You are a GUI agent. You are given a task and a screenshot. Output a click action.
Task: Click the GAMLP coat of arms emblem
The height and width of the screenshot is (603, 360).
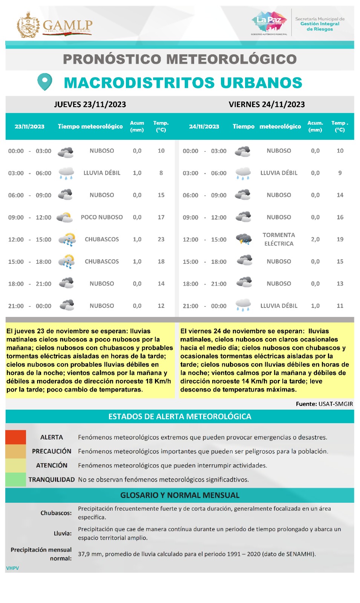tap(28, 25)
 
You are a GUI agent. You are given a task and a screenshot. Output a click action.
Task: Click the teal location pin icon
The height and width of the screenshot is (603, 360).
tap(45, 81)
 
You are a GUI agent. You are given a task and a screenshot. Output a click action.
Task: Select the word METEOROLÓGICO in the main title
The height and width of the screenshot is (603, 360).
tap(231, 59)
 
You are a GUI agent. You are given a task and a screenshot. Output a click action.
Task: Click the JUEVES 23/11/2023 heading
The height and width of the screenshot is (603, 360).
tap(90, 104)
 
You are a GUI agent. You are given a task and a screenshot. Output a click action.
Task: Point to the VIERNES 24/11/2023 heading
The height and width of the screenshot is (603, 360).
tap(267, 104)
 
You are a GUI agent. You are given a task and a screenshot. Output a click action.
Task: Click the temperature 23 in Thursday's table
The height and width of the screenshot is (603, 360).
tap(161, 239)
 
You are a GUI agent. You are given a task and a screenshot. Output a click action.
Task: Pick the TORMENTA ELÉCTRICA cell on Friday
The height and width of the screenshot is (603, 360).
tap(279, 239)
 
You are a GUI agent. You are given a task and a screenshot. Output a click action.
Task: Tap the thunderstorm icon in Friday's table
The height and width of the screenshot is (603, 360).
tap(244, 239)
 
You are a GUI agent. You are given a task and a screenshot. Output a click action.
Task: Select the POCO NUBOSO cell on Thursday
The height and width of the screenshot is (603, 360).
tap(102, 217)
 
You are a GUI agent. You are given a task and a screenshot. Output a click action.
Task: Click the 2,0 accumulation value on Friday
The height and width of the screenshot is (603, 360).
tap(315, 239)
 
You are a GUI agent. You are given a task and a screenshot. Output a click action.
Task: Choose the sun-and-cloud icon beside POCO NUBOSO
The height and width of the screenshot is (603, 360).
tap(65, 217)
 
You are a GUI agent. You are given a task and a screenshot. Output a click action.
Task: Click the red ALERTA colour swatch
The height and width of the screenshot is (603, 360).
tap(16, 437)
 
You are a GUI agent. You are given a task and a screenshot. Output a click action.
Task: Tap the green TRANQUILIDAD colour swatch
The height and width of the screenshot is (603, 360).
tap(16, 479)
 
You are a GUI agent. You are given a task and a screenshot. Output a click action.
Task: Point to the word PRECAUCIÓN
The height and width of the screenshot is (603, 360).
tap(52, 451)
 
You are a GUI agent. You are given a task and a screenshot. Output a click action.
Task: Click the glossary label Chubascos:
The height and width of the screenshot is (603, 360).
tap(56, 513)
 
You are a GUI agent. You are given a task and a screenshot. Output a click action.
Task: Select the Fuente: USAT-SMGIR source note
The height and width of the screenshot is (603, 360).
tap(324, 404)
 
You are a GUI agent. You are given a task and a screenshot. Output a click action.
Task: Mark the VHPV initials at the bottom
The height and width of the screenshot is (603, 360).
tap(12, 568)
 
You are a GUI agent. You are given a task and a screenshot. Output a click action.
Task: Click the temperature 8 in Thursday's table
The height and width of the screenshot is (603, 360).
tap(161, 173)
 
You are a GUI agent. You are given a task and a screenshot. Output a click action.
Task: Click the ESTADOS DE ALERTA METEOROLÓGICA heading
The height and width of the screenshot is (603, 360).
tap(180, 416)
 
